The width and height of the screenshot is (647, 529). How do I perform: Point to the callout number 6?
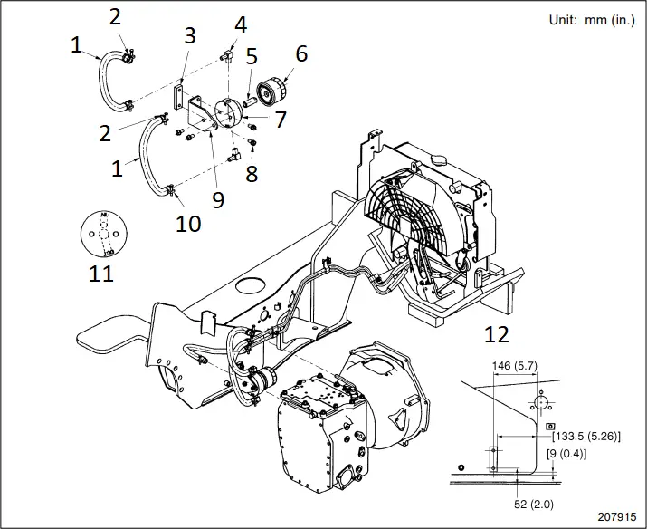pos(300,53)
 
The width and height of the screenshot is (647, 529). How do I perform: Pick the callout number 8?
pos(252,172)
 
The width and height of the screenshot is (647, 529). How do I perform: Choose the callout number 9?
pos(218,199)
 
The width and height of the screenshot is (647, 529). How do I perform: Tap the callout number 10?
pos(187,222)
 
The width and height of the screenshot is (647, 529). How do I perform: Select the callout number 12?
pos(496,334)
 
